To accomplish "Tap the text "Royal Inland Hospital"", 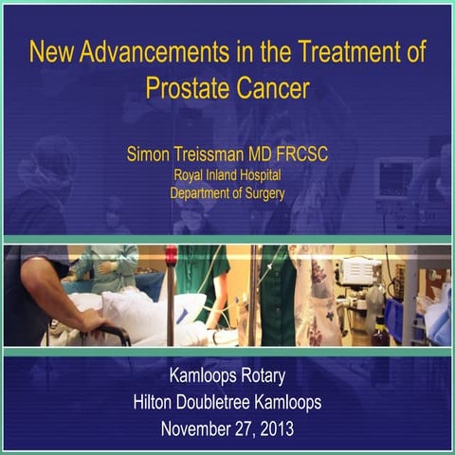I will tap(227, 175).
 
